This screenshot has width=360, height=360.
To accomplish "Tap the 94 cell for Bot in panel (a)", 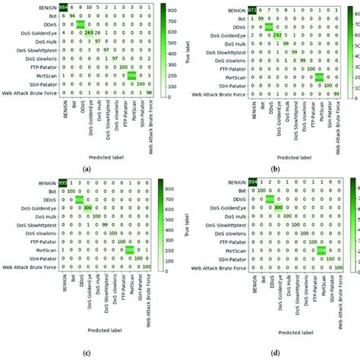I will pyautogui.click(x=70, y=14).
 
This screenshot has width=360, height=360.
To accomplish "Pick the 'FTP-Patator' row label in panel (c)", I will pyautogui.click(x=38, y=241).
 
